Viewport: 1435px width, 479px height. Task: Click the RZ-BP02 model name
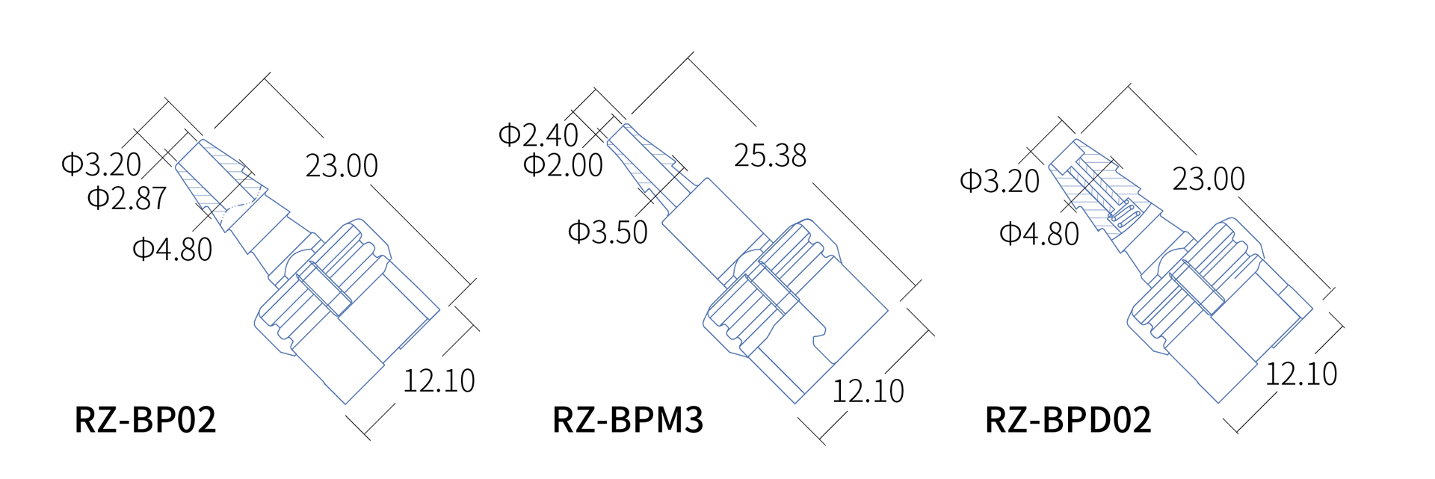click(x=145, y=419)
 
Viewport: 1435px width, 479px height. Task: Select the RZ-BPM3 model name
click(x=628, y=419)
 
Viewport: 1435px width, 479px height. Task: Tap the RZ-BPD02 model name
click(x=1067, y=419)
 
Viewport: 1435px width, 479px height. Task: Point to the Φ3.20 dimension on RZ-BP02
click(x=101, y=164)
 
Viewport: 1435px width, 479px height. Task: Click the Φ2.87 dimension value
click(x=126, y=198)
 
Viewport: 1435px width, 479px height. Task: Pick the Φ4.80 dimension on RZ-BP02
click(x=172, y=249)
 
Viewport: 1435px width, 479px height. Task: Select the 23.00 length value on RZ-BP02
click(x=342, y=165)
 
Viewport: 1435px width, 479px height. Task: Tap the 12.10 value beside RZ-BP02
click(x=439, y=380)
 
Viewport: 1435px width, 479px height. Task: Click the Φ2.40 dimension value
click(x=538, y=135)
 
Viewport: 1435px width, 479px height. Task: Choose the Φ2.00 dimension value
click(x=563, y=165)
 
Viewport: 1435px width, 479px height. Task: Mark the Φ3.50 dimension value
click(x=608, y=232)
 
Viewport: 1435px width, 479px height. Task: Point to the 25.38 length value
click(x=770, y=155)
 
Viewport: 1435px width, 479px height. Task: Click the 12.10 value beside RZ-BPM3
click(x=868, y=391)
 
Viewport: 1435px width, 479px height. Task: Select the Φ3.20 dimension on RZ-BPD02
click(x=999, y=181)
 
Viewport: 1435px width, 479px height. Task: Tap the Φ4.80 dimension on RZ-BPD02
click(x=1039, y=234)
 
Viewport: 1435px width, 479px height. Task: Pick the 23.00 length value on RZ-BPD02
click(x=1208, y=179)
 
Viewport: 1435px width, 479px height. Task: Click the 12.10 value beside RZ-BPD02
click(x=1300, y=374)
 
